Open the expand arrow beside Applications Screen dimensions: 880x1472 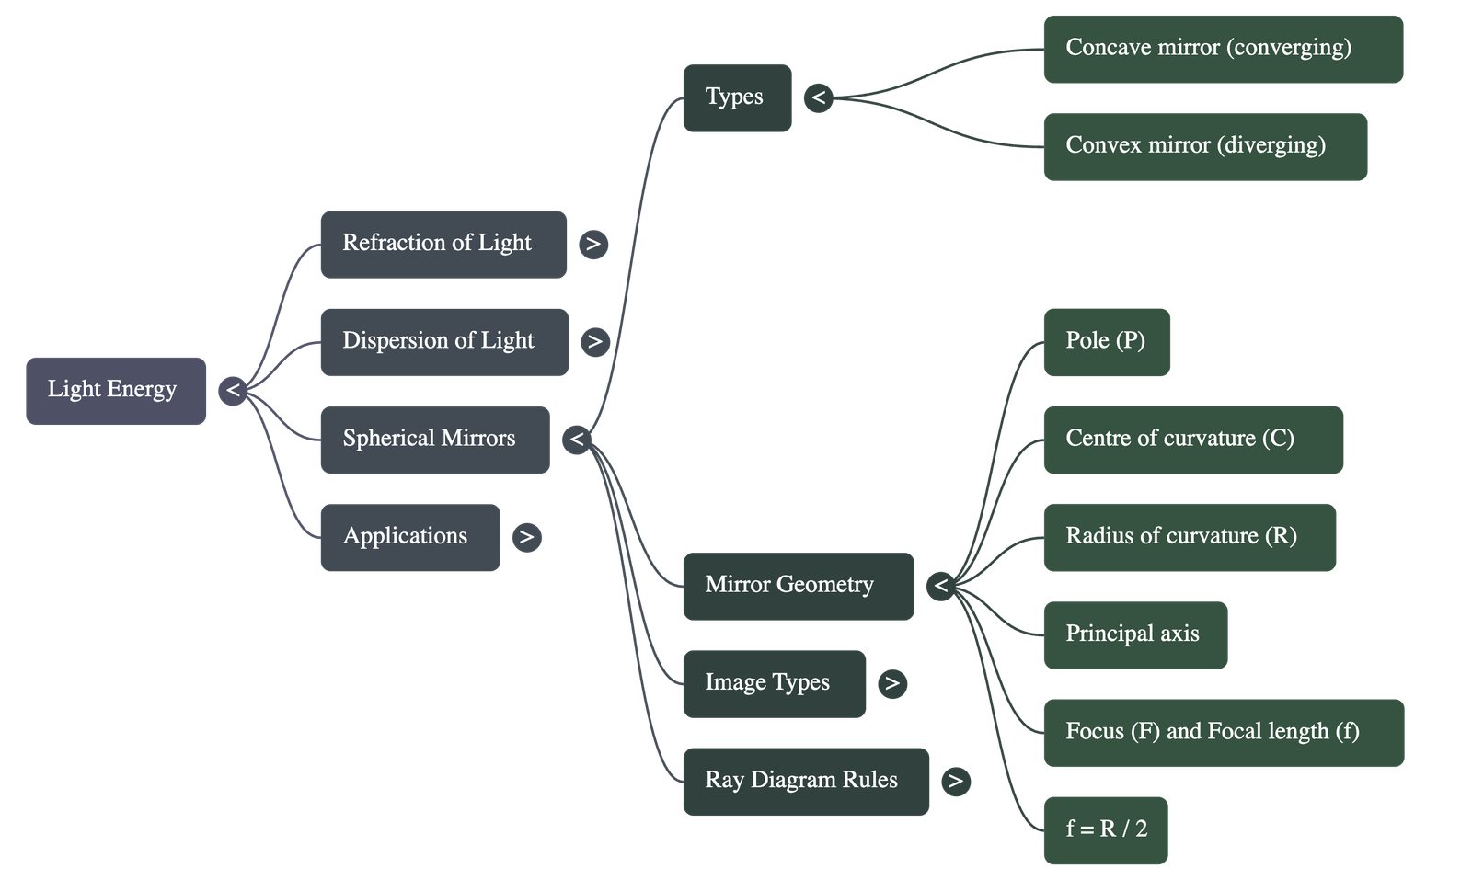[526, 537]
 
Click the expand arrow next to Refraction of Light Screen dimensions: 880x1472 [593, 244]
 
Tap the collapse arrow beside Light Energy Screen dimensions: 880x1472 [233, 391]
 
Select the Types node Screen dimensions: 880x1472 [736, 97]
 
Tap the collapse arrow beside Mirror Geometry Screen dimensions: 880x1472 [940, 586]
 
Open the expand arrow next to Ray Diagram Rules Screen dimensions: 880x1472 [956, 782]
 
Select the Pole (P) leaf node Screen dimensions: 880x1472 [1106, 341]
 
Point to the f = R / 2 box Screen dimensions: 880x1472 [1105, 829]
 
